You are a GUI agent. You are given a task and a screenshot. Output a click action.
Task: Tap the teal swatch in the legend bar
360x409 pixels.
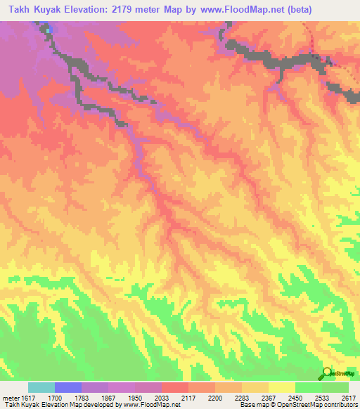[41, 387]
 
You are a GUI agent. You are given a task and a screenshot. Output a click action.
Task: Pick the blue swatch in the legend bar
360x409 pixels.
[68, 387]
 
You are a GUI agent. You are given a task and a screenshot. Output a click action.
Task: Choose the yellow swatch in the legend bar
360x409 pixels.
[282, 387]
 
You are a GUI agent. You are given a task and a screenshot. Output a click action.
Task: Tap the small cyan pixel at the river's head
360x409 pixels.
[48, 30]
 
